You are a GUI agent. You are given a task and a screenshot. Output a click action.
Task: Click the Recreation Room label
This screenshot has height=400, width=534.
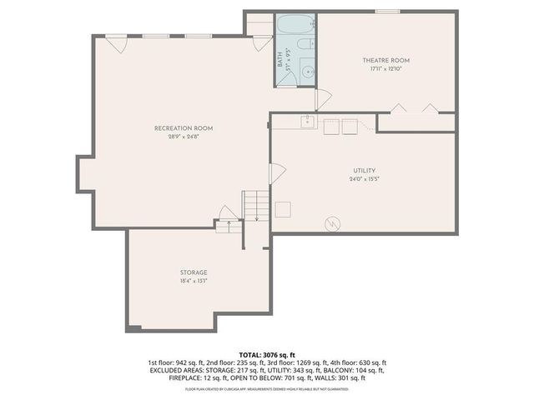pyautogui.click(x=184, y=127)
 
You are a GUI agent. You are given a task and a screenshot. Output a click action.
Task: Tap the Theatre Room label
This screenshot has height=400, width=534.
pyautogui.click(x=385, y=60)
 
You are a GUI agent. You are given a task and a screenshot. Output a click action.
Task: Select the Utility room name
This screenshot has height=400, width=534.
pyautogui.click(x=365, y=170)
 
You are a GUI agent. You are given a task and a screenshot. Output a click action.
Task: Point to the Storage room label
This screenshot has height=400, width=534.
pyautogui.click(x=194, y=272)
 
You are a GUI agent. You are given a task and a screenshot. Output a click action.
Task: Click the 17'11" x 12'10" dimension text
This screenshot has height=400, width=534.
pyautogui.click(x=385, y=69)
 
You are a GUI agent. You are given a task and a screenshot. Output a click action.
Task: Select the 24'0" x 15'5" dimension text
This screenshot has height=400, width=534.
pyautogui.click(x=365, y=179)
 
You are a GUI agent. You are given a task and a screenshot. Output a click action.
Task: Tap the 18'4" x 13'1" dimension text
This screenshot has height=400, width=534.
pyautogui.click(x=194, y=282)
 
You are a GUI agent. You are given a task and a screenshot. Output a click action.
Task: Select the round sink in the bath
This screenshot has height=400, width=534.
pyautogui.click(x=307, y=72)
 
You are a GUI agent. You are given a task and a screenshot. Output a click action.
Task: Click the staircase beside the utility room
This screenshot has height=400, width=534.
pyautogui.click(x=255, y=205)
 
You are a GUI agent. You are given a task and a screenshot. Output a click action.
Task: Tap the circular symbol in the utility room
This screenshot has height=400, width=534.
pyautogui.click(x=332, y=223)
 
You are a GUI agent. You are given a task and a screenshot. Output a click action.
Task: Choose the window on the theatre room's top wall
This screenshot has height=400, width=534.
pyautogui.click(x=385, y=12)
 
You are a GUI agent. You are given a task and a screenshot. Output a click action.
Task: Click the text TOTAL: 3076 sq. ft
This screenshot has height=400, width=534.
pyautogui.click(x=267, y=355)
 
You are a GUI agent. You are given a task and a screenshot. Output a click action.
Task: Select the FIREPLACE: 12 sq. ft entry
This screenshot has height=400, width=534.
pyautogui.click(x=199, y=377)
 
